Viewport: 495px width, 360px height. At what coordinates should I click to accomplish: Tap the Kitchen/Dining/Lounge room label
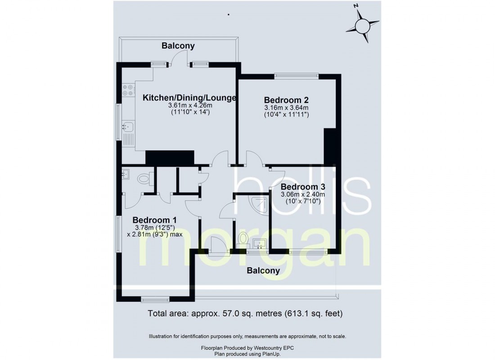point(189,98)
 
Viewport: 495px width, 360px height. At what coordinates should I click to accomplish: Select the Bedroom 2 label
point(286,100)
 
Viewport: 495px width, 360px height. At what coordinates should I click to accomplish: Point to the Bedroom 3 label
point(303,187)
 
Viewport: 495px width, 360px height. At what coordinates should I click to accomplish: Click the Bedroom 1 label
point(154,220)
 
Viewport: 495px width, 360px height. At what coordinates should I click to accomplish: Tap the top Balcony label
point(178,45)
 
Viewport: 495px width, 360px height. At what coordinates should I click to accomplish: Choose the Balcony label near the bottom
point(263,270)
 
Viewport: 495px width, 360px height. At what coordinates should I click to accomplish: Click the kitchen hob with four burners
point(128,90)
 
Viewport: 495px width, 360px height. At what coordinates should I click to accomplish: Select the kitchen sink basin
point(129,127)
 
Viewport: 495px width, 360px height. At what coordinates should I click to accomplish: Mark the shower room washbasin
point(260,244)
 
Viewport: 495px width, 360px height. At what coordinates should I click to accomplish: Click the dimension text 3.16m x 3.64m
point(286,108)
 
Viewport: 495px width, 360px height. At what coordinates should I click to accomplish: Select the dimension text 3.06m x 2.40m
point(303,194)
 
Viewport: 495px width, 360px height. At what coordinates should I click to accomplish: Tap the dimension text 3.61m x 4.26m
point(190,105)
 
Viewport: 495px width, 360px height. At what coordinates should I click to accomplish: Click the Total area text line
point(245,313)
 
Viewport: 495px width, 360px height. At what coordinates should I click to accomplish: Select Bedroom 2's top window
point(296,76)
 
